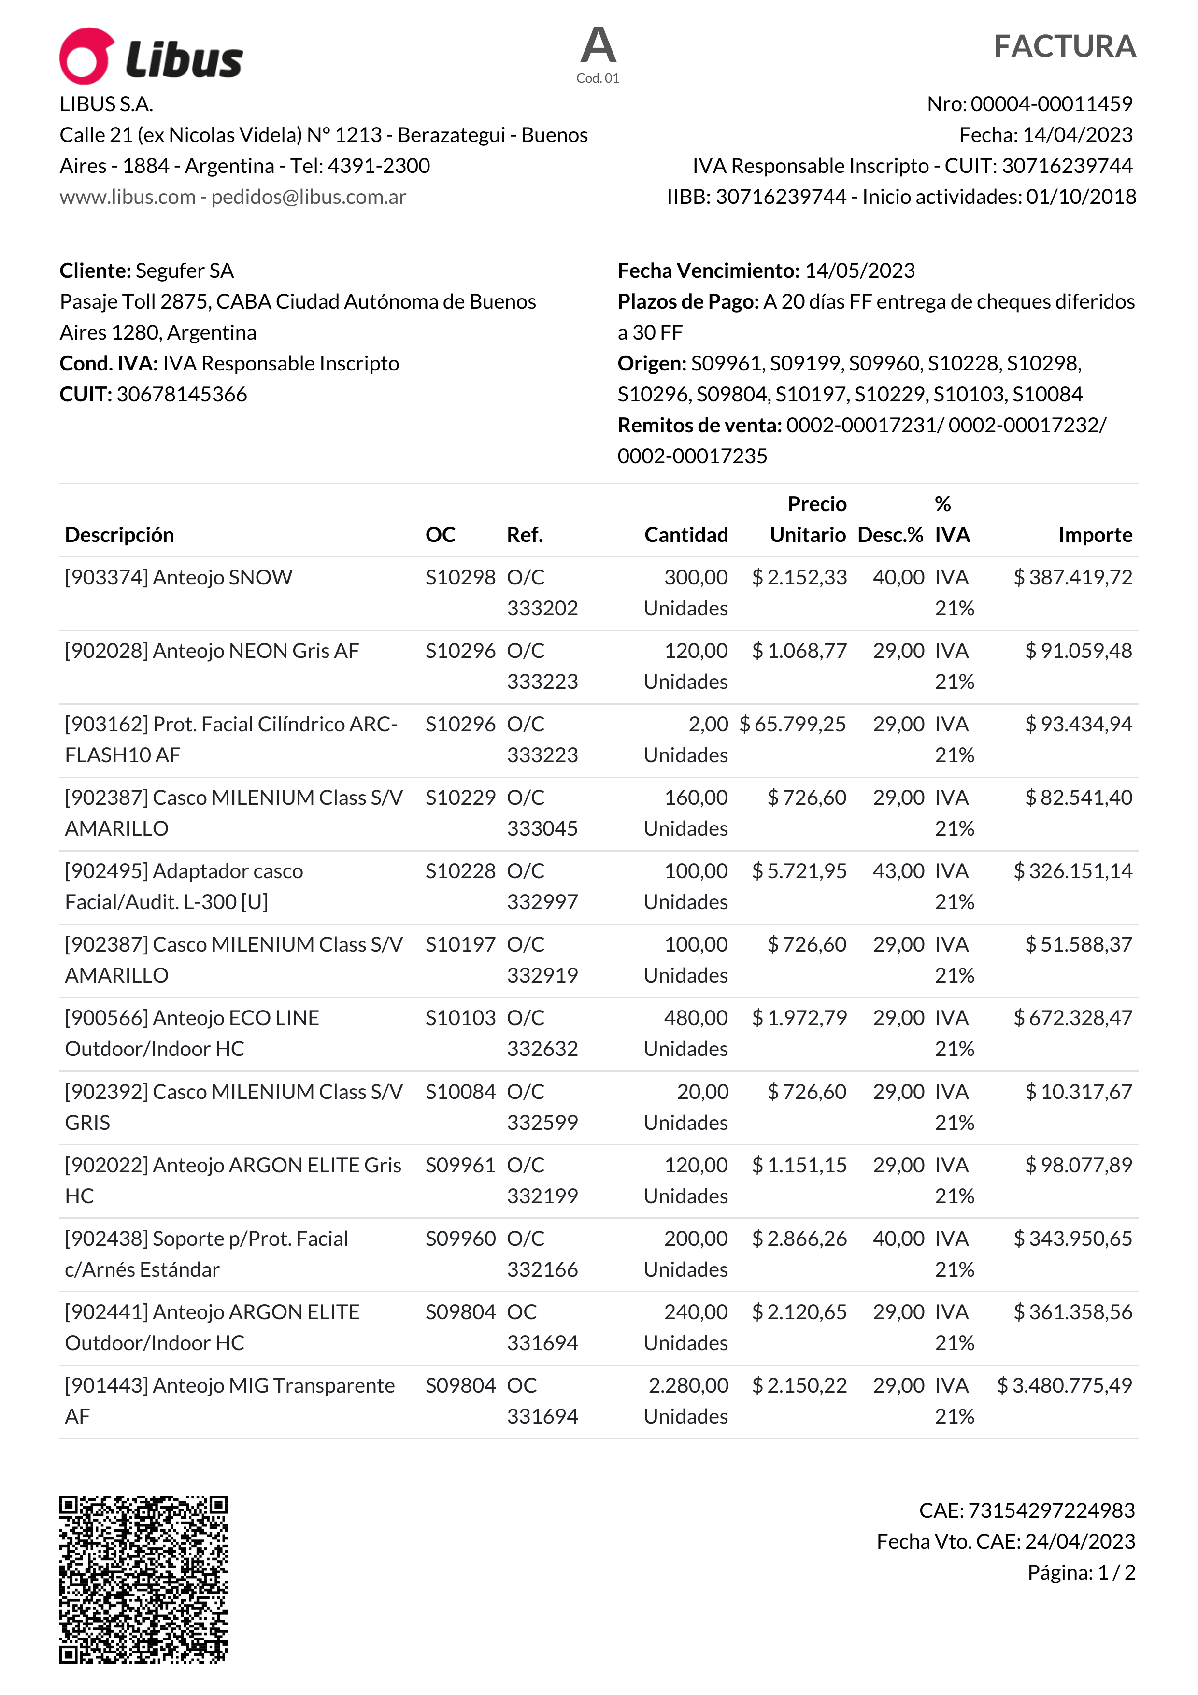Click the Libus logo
click(x=151, y=56)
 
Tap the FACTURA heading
click(x=1064, y=46)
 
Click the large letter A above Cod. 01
click(x=598, y=46)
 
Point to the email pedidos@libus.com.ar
click(x=309, y=197)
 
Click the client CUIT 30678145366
click(x=182, y=394)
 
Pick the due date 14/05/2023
click(x=859, y=271)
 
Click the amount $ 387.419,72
click(x=1072, y=577)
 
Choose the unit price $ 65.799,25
click(x=793, y=724)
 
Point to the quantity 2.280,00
click(x=688, y=1386)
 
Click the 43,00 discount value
click(x=898, y=871)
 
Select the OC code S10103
click(x=460, y=1018)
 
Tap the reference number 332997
click(x=542, y=902)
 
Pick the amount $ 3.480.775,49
click(x=1064, y=1386)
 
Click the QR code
click(x=143, y=1579)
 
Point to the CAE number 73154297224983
click(x=1050, y=1510)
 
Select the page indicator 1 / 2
click(x=1116, y=1572)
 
